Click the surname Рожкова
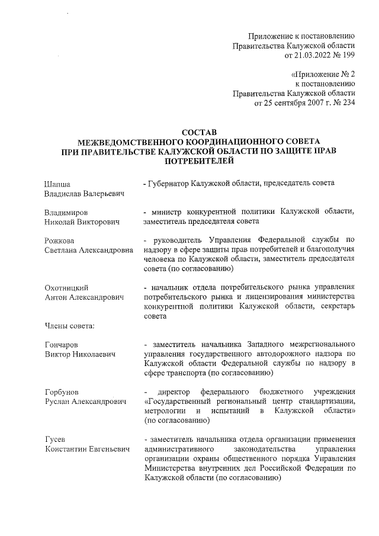60,240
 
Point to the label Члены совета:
66,325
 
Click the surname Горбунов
62,391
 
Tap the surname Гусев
54,439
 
